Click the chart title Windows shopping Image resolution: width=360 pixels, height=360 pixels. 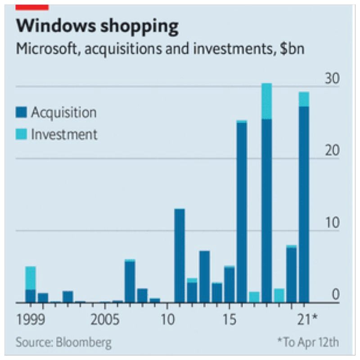tap(97, 27)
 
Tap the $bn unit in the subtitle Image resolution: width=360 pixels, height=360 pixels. tap(292, 49)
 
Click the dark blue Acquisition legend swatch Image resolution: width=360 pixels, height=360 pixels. tap(22, 112)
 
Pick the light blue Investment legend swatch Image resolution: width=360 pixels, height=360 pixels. tap(22, 134)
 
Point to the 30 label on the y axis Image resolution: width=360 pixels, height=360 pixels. tap(333, 78)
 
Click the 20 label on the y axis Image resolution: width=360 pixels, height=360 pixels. tap(333, 150)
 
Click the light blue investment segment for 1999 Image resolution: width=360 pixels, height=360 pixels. tap(31, 278)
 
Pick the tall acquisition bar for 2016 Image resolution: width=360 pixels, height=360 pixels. tap(242, 211)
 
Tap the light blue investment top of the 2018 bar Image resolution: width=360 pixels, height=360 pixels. tap(266, 101)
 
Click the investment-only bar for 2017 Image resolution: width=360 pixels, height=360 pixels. tap(254, 297)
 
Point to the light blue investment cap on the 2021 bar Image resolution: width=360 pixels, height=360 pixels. tap(304, 99)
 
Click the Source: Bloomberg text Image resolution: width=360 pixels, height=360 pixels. tap(63, 342)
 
